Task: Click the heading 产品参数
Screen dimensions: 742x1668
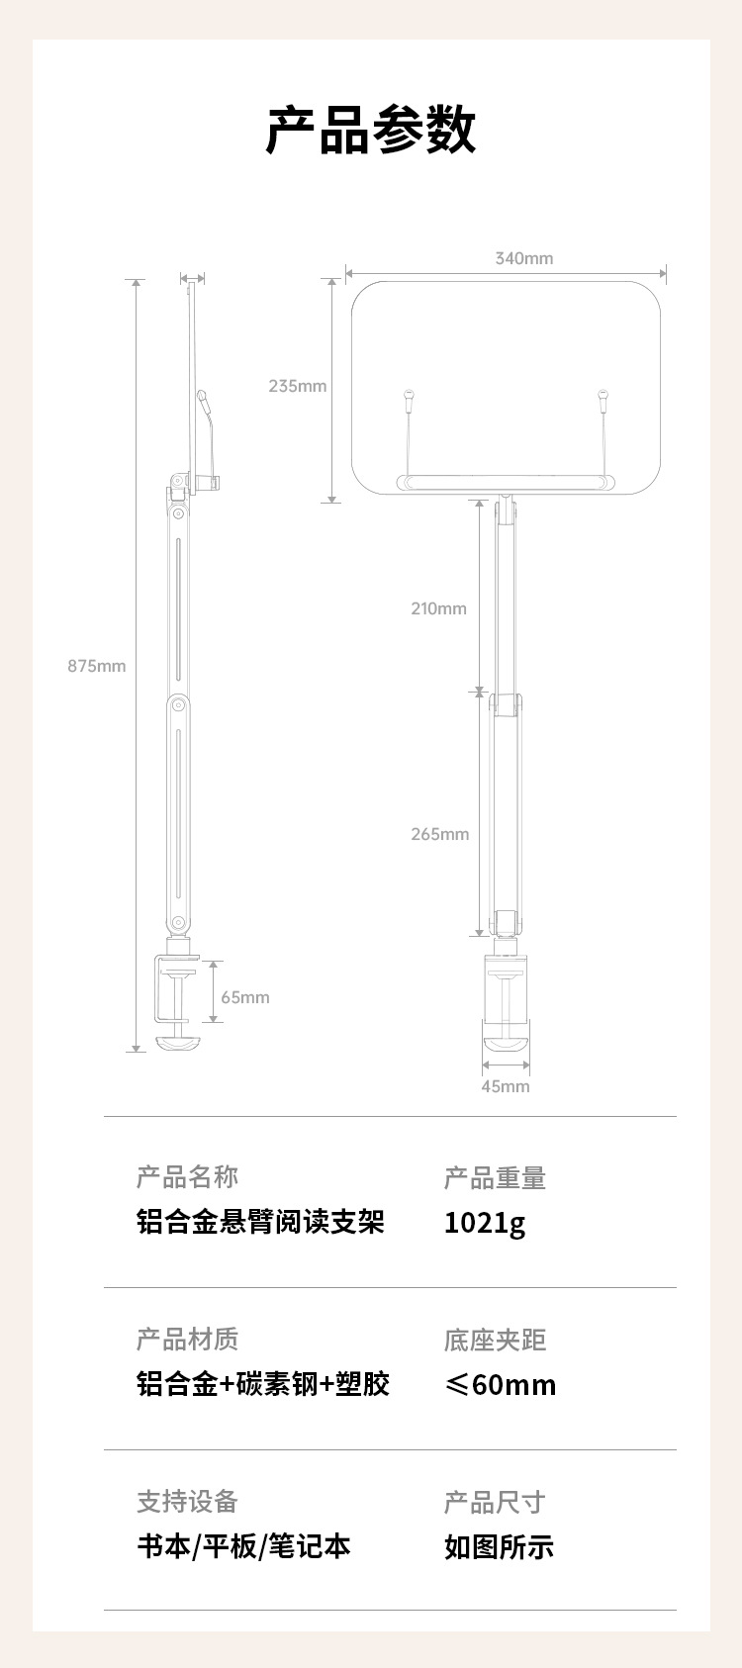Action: (371, 130)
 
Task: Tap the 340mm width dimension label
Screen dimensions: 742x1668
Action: (523, 258)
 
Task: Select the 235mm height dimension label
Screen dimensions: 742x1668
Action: (297, 386)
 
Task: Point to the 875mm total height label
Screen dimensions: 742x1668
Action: (96, 666)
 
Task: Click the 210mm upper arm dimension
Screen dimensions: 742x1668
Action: (438, 608)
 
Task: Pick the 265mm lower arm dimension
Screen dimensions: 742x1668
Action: (439, 834)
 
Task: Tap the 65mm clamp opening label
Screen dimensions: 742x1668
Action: (244, 997)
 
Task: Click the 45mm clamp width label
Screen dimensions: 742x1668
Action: (505, 1086)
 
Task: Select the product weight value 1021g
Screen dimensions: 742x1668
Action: (484, 1223)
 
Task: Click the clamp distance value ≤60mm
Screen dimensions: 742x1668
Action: (500, 1384)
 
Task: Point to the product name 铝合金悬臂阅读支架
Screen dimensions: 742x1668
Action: (260, 1222)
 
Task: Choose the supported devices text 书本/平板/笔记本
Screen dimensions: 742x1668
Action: (243, 1546)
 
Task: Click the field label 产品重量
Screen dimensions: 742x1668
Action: (495, 1178)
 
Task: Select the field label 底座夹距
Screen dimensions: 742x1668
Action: (495, 1341)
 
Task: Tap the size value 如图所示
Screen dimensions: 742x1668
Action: (499, 1547)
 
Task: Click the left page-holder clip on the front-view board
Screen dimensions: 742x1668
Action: (407, 400)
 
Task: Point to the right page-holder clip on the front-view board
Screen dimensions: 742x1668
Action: (602, 400)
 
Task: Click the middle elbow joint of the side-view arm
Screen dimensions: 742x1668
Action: (178, 704)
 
